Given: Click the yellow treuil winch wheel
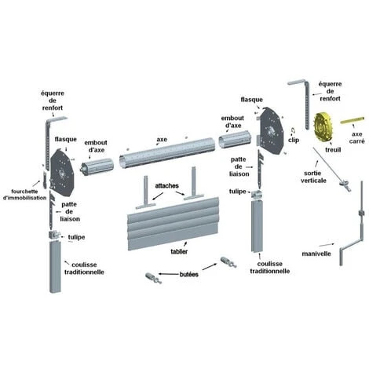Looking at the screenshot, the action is [323, 128].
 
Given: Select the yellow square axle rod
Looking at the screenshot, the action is [353, 120].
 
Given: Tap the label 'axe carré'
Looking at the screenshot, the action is [356, 137].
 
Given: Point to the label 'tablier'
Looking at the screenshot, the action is [179, 251].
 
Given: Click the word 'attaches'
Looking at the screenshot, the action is [167, 186].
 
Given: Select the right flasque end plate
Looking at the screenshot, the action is [271, 130].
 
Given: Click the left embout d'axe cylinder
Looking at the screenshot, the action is [97, 167].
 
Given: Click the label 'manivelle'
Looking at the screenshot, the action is [316, 254].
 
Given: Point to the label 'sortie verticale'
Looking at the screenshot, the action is [313, 177].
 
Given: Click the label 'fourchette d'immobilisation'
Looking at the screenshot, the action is [25, 195].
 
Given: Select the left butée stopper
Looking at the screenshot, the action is [153, 278].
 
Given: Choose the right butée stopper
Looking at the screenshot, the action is [228, 262].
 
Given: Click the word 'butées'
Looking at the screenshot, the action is [189, 274].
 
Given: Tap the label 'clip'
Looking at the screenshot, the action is [294, 140].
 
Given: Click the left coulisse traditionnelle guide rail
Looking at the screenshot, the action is [55, 266].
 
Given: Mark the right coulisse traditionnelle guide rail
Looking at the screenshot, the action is [257, 225].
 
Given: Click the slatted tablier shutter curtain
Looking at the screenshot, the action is [173, 224].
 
